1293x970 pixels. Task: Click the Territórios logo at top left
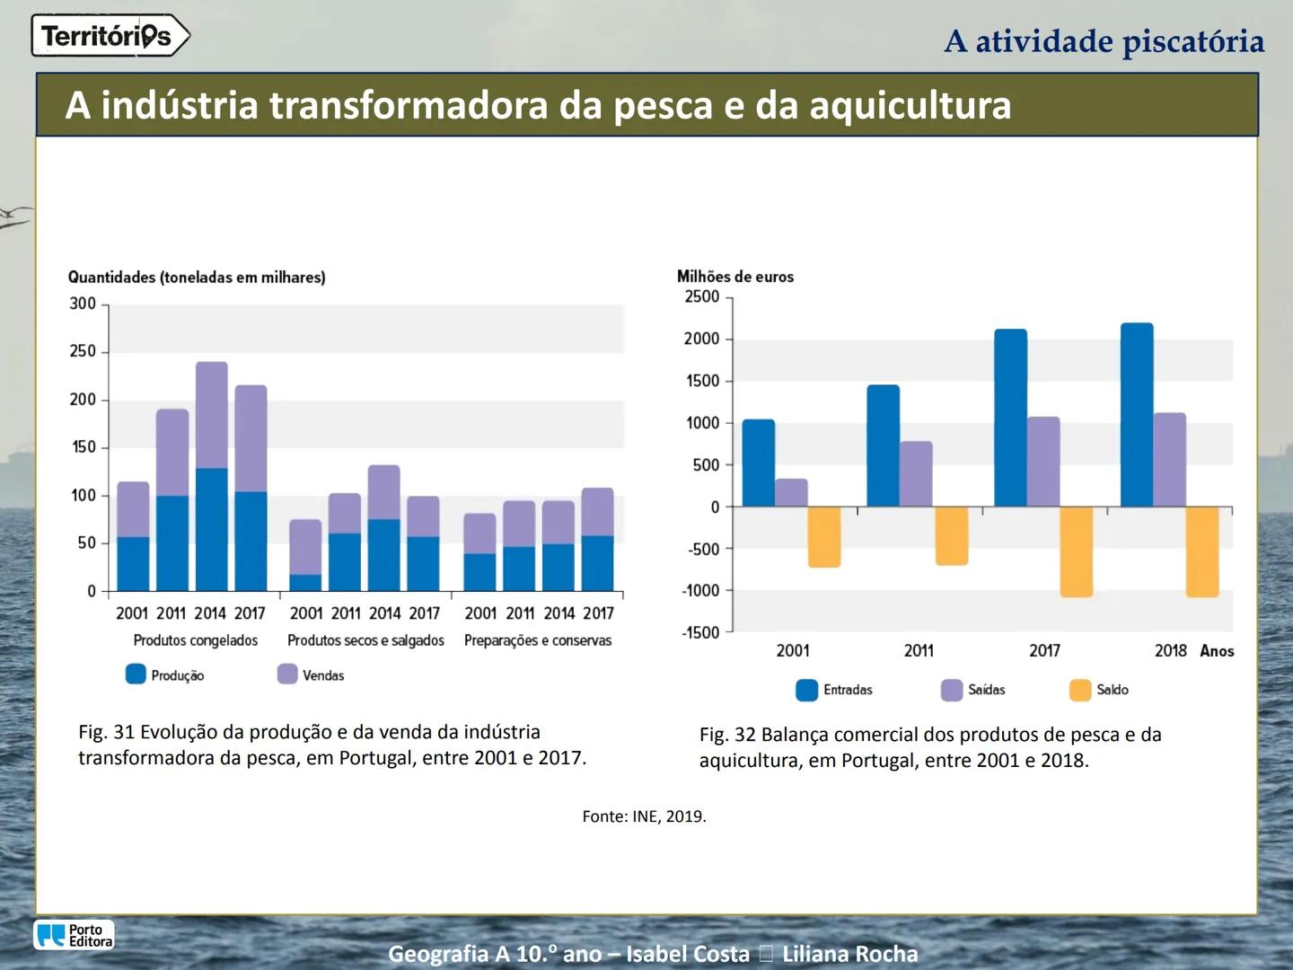110,36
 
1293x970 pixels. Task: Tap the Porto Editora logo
75,935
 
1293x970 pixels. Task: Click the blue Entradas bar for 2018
1137,415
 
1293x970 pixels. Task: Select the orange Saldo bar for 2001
823,537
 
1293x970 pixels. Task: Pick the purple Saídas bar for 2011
916,474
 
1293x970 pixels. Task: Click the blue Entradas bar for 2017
1010,419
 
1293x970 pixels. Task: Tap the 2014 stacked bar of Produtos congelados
212,476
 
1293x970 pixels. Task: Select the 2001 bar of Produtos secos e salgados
305,555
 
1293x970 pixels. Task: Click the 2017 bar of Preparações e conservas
597,539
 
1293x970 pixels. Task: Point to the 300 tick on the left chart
83,304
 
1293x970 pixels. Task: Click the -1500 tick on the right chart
700,632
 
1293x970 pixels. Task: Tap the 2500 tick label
702,296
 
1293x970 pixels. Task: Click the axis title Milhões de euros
734,277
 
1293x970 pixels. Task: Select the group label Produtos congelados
195,640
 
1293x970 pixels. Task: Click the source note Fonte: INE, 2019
644,816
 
